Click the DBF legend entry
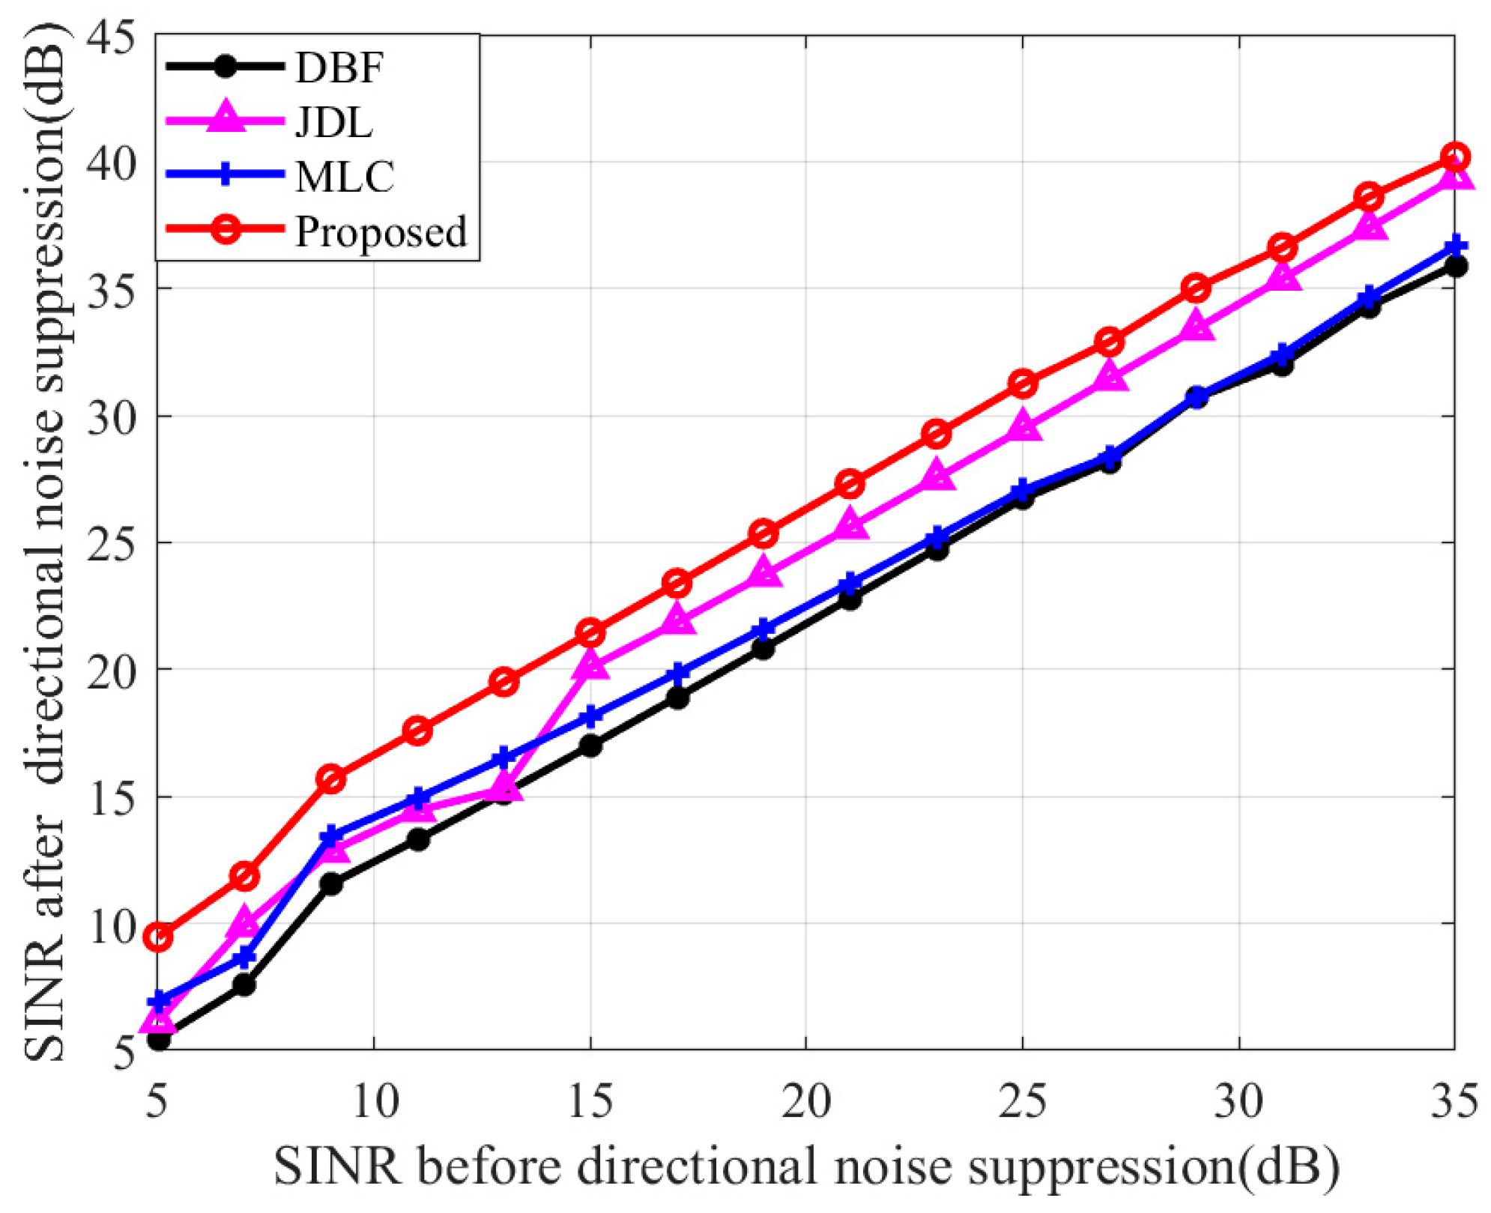339,67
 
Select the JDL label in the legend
333,122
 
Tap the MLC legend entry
345,177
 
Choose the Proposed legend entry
381,232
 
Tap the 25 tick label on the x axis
1022,1101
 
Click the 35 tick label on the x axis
1454,1101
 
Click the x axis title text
806,1167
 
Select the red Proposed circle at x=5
159,937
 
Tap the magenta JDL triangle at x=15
590,665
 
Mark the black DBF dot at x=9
331,884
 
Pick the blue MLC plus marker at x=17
677,674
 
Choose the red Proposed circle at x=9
331,779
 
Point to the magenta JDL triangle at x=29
1197,327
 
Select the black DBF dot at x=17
677,698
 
